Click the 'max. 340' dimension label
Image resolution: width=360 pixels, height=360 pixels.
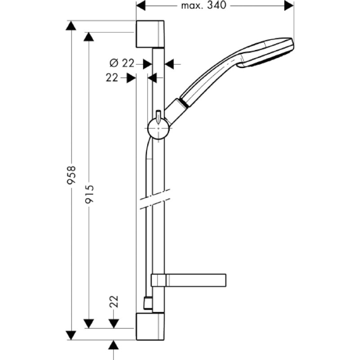pyautogui.click(x=204, y=5)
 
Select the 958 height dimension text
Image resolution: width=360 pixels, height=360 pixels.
pyautogui.click(x=71, y=175)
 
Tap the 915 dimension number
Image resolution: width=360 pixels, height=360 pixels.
pyautogui.click(x=89, y=194)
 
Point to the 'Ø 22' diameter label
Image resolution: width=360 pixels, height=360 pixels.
pyautogui.click(x=121, y=63)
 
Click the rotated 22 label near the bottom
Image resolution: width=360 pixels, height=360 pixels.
pyautogui.click(x=114, y=301)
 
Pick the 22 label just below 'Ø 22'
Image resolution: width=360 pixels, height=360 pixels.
pyautogui.click(x=112, y=77)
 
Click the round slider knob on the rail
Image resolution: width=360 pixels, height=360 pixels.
pyautogui.click(x=158, y=129)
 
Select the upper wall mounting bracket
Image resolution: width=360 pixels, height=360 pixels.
pyautogui.click(x=150, y=34)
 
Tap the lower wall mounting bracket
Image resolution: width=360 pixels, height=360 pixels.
pyautogui.click(x=150, y=326)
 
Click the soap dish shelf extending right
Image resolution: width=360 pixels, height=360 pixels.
pyautogui.click(x=189, y=280)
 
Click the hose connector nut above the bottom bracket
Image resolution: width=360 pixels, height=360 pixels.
pyautogui.click(x=148, y=303)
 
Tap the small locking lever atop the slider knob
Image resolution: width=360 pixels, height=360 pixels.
pyautogui.click(x=158, y=117)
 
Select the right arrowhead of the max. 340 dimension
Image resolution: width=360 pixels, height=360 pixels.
pyautogui.click(x=289, y=5)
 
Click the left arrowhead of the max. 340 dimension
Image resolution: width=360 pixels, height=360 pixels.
pyautogui.click(x=141, y=5)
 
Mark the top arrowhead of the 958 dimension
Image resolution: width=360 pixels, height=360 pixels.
pyautogui.click(x=71, y=25)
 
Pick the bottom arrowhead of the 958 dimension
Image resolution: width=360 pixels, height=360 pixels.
pyautogui.click(x=71, y=335)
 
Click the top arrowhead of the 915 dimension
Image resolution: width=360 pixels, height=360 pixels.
pyautogui.click(x=89, y=37)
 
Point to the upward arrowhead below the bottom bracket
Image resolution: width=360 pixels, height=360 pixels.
pyautogui.click(x=113, y=345)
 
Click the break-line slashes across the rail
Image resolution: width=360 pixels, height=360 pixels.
pyautogui.click(x=155, y=199)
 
